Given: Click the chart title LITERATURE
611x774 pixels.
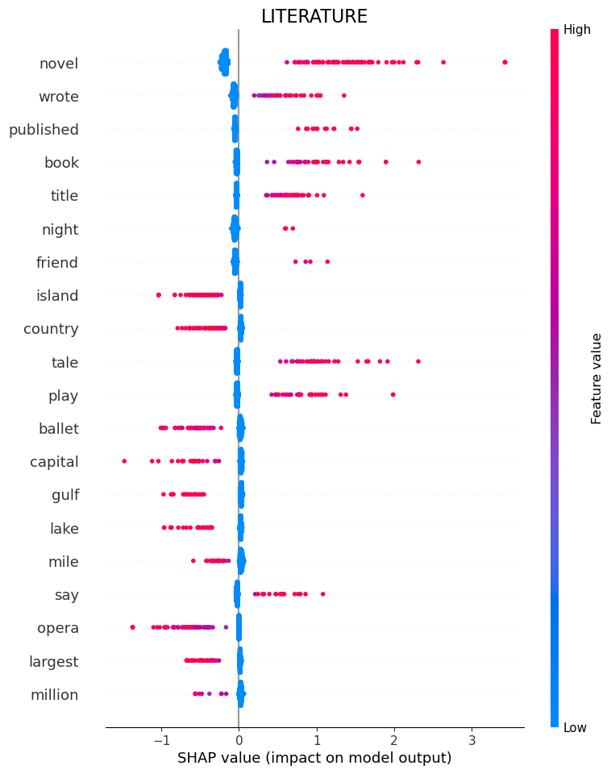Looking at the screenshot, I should (x=314, y=17).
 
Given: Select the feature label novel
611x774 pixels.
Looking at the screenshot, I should (x=59, y=63).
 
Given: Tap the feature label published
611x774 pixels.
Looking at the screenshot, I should (x=44, y=130).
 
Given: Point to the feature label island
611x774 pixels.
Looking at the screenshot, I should (x=57, y=296).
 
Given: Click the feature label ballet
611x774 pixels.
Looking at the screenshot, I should (x=59, y=428).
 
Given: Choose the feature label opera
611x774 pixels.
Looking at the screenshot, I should (x=58, y=628).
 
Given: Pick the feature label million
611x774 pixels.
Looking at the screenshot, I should (x=54, y=694).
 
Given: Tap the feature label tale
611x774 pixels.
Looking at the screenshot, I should (x=64, y=362).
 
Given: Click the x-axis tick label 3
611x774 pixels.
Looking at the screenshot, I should (x=472, y=739).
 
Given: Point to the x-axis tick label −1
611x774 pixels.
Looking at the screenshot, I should (x=160, y=739).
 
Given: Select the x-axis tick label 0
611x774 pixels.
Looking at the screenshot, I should (x=239, y=739).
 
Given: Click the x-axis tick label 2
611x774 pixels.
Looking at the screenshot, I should (x=394, y=739).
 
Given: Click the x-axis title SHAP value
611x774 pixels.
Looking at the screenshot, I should (x=314, y=758).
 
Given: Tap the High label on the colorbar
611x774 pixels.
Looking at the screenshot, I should (x=577, y=30).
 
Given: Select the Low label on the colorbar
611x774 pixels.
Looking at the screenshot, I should (x=576, y=727).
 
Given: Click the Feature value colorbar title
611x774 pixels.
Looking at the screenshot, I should (x=596, y=378).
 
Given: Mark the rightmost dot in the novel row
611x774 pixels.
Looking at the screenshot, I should (x=505, y=62).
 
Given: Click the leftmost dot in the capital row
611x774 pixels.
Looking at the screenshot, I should (x=124, y=461).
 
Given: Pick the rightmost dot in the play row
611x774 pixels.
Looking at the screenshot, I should (x=393, y=394).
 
